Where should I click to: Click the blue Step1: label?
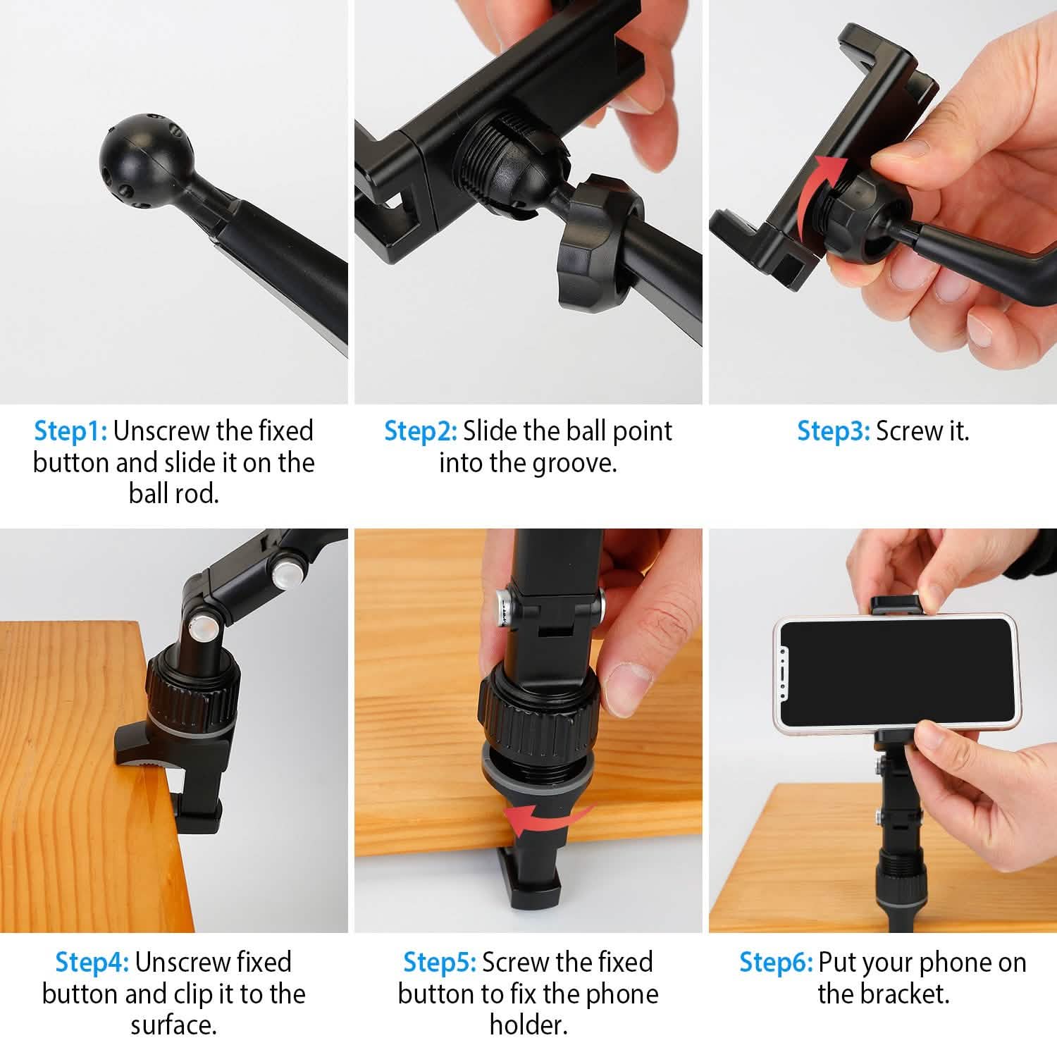[x=70, y=431]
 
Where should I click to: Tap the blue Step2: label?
[x=420, y=431]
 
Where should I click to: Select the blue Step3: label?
[x=833, y=431]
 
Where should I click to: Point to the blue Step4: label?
[x=92, y=962]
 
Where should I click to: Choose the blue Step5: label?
[x=439, y=962]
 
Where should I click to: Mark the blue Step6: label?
[x=775, y=962]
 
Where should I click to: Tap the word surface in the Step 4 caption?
[x=173, y=1025]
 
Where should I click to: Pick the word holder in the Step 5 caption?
[x=528, y=1025]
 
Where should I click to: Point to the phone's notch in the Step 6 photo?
[x=785, y=675]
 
